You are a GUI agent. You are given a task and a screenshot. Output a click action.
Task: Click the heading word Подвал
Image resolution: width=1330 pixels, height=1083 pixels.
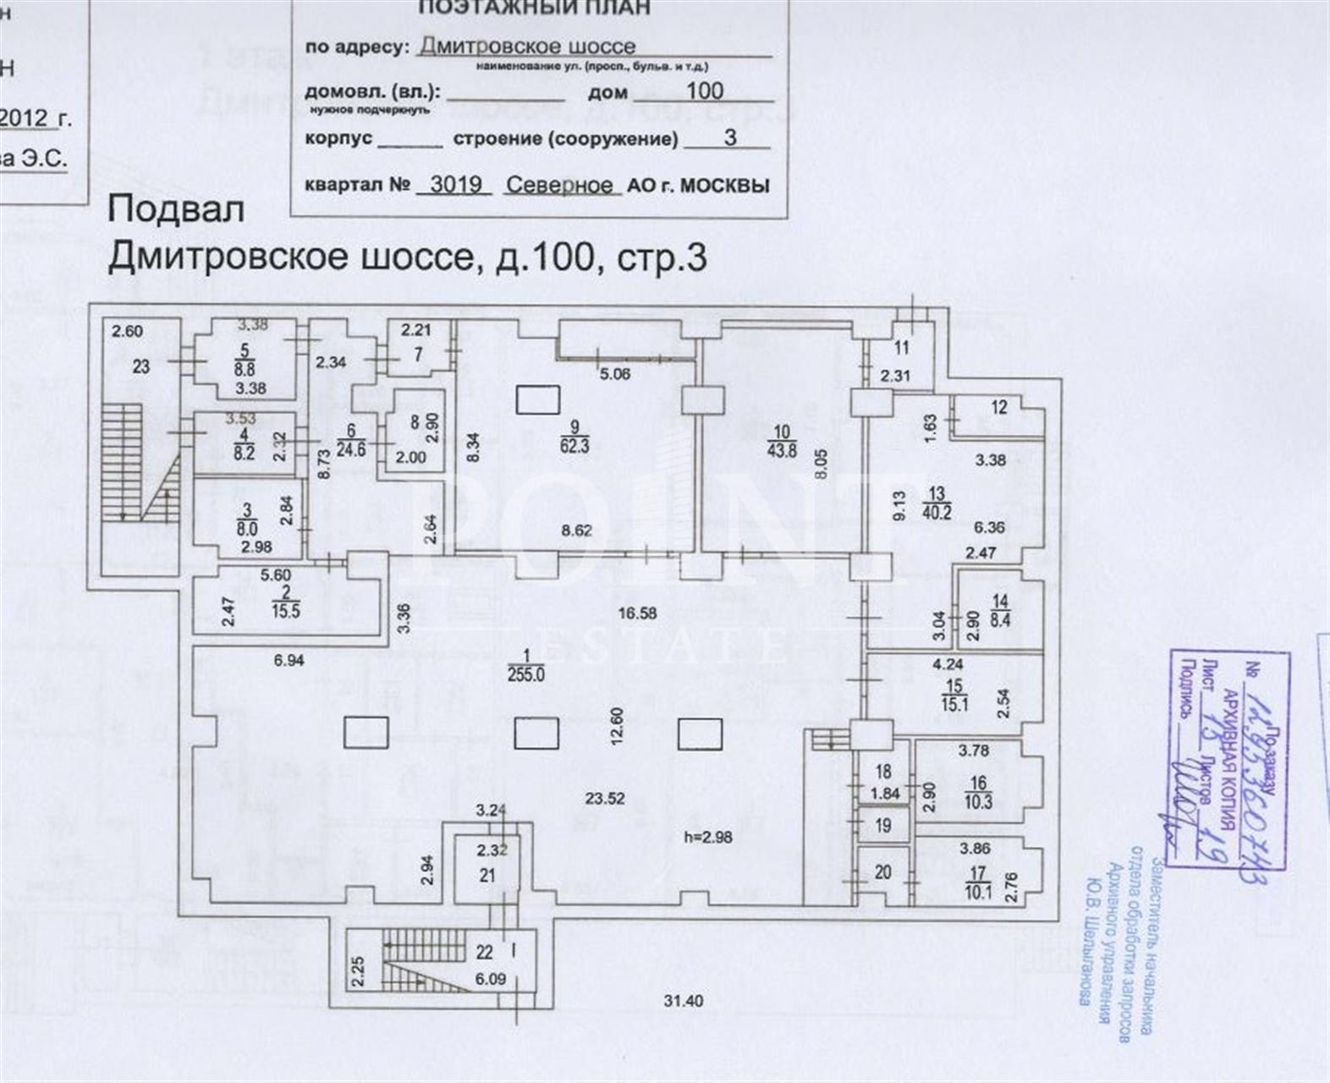(x=176, y=210)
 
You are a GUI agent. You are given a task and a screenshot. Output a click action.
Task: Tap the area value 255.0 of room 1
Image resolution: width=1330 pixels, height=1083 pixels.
(x=526, y=674)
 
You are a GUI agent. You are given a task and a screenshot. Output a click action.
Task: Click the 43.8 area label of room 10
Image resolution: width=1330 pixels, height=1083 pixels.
(x=782, y=450)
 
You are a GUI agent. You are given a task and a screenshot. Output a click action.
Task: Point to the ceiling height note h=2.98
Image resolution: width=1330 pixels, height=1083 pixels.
(x=707, y=838)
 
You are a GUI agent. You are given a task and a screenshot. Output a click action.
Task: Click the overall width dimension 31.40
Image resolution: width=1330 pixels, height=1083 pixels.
(x=682, y=1001)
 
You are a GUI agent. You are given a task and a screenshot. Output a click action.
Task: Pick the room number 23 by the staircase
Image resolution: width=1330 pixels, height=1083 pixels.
(x=140, y=366)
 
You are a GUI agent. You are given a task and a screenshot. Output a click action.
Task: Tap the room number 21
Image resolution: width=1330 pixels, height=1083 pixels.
(x=486, y=876)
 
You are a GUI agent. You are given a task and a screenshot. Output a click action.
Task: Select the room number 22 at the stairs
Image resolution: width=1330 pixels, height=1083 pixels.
(x=484, y=953)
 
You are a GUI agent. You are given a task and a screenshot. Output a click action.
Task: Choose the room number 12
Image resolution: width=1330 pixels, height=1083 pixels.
(x=999, y=408)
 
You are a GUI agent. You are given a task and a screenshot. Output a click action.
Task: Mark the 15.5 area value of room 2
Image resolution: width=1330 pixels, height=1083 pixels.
(x=286, y=609)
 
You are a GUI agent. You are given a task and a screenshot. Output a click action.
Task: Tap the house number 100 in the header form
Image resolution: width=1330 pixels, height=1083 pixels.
(x=705, y=91)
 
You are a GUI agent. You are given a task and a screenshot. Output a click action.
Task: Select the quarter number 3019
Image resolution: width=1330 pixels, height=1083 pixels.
(x=455, y=184)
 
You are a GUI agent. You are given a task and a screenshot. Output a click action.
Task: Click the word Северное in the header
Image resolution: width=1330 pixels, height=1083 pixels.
(x=559, y=185)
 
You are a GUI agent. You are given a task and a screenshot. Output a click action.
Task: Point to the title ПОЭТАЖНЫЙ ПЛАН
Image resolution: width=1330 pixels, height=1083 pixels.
(x=535, y=8)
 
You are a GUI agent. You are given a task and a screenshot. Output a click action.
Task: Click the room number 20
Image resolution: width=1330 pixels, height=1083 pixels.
(x=883, y=871)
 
